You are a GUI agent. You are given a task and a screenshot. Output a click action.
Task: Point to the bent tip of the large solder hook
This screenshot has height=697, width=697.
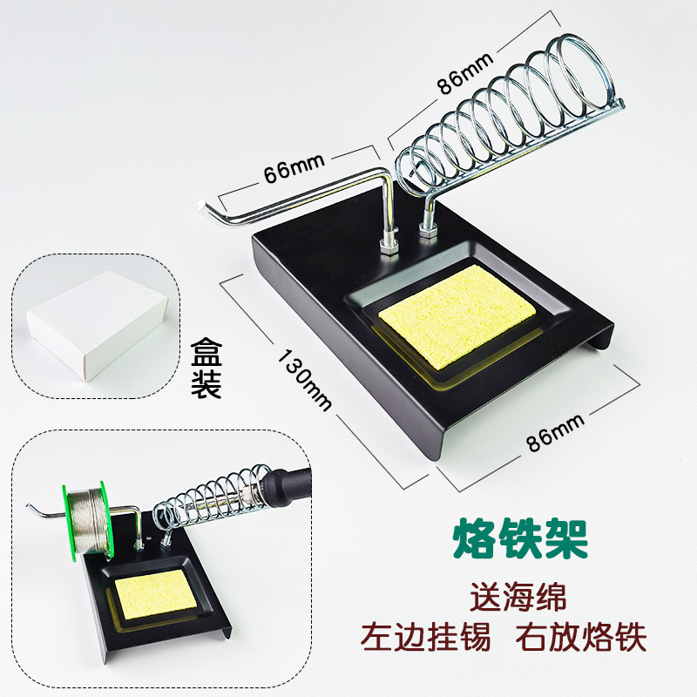203,206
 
